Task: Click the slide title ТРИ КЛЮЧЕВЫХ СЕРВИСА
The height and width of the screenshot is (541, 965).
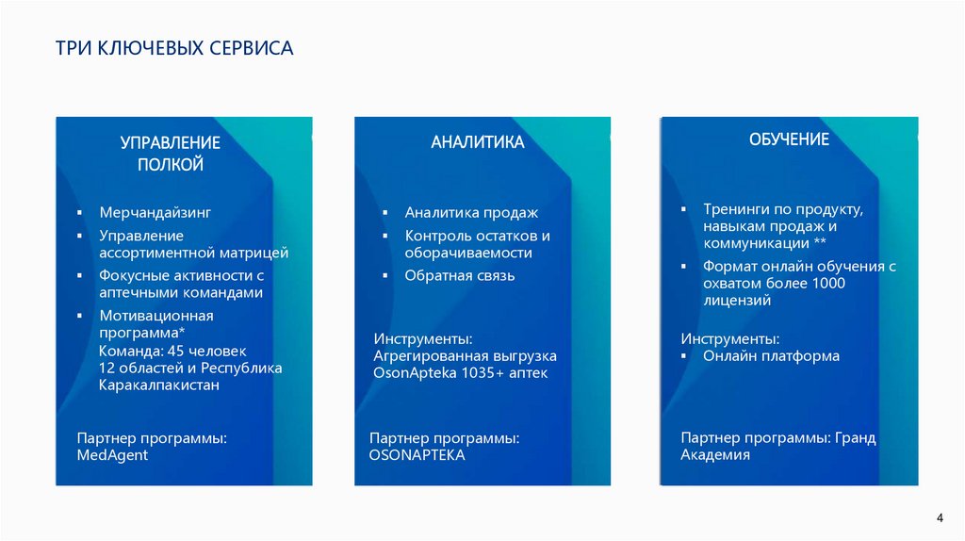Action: (174, 47)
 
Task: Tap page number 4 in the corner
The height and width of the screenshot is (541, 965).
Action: (940, 517)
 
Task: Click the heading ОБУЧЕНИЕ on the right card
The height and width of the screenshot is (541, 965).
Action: (789, 139)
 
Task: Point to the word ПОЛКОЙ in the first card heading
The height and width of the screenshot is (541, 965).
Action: (171, 165)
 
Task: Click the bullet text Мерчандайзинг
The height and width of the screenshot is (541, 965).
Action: (155, 213)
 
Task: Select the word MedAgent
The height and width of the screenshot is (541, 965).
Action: (112, 455)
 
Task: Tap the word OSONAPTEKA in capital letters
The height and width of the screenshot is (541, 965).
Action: (417, 455)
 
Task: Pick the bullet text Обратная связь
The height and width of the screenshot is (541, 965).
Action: (460, 276)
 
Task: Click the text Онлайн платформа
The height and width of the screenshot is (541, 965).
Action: (771, 356)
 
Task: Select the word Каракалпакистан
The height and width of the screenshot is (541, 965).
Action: (159, 385)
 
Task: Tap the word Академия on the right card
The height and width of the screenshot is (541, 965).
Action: (715, 455)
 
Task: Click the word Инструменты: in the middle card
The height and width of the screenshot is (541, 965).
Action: (422, 338)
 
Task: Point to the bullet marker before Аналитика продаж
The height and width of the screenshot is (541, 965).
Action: (385, 214)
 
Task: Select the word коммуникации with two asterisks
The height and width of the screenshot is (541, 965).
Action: (752, 243)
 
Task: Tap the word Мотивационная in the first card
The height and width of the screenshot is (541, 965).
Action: (155, 316)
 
